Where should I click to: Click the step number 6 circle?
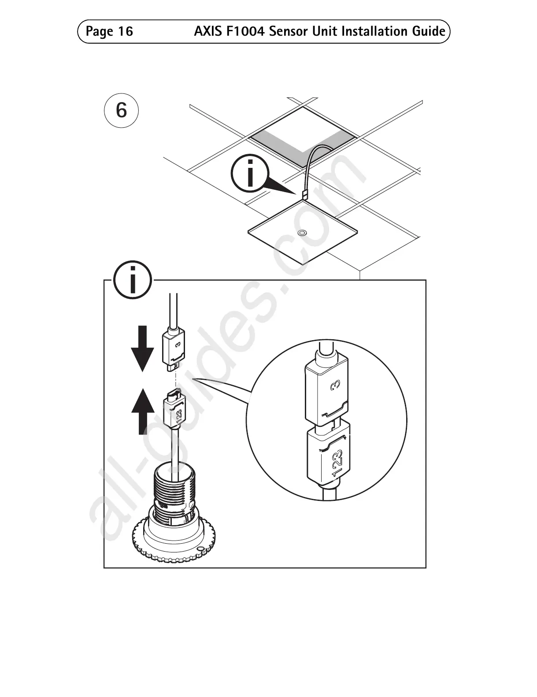(121, 110)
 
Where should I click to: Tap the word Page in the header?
(99, 31)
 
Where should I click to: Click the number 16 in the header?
(125, 31)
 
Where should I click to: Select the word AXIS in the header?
(207, 31)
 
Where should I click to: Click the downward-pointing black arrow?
(142, 348)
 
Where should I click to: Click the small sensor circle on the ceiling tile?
(302, 232)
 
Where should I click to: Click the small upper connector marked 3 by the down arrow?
(174, 347)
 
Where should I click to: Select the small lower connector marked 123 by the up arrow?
(175, 408)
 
